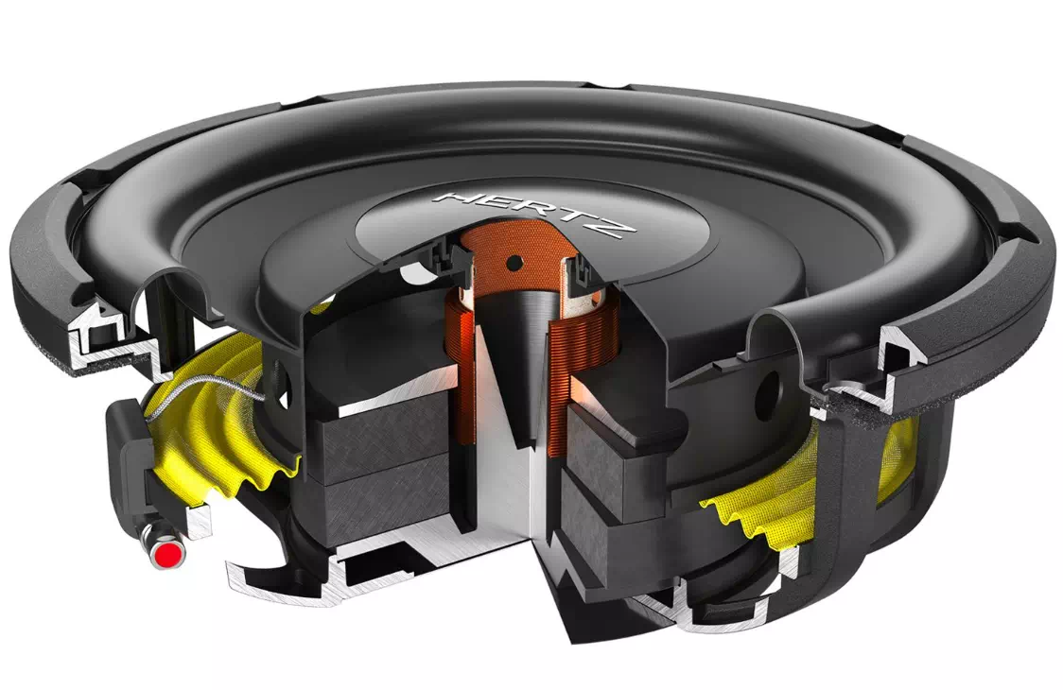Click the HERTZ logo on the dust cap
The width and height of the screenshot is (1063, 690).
click(534, 213)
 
